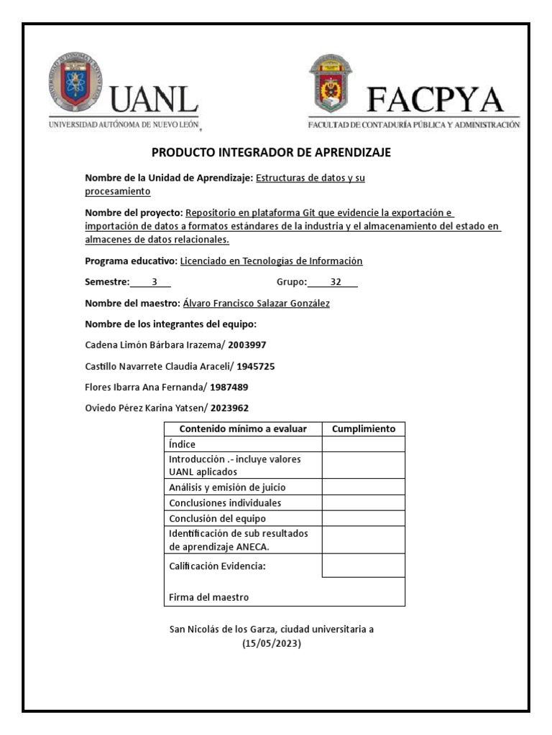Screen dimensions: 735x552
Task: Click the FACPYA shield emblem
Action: (331, 84)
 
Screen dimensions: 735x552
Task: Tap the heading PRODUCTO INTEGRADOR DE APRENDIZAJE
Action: (271, 153)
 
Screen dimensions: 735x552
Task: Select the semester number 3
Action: (154, 282)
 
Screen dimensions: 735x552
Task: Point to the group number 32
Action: (336, 282)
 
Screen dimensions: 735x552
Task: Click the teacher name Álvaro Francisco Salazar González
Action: (257, 304)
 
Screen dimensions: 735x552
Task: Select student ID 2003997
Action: (247, 345)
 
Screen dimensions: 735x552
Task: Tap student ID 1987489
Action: (229, 388)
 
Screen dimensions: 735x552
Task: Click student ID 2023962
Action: (230, 408)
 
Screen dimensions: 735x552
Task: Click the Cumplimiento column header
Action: (363, 429)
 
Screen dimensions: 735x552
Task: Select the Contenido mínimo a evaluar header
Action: (243, 429)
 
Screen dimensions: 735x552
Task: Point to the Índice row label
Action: (182, 444)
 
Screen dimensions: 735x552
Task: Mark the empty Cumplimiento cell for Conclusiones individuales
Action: (363, 502)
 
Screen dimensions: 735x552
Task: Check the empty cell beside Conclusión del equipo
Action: (363, 518)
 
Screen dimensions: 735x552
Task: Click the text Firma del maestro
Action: (208, 597)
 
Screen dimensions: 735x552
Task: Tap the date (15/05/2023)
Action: (271, 644)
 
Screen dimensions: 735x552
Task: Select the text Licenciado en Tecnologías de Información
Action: (271, 261)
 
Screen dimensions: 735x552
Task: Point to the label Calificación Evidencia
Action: (217, 566)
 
